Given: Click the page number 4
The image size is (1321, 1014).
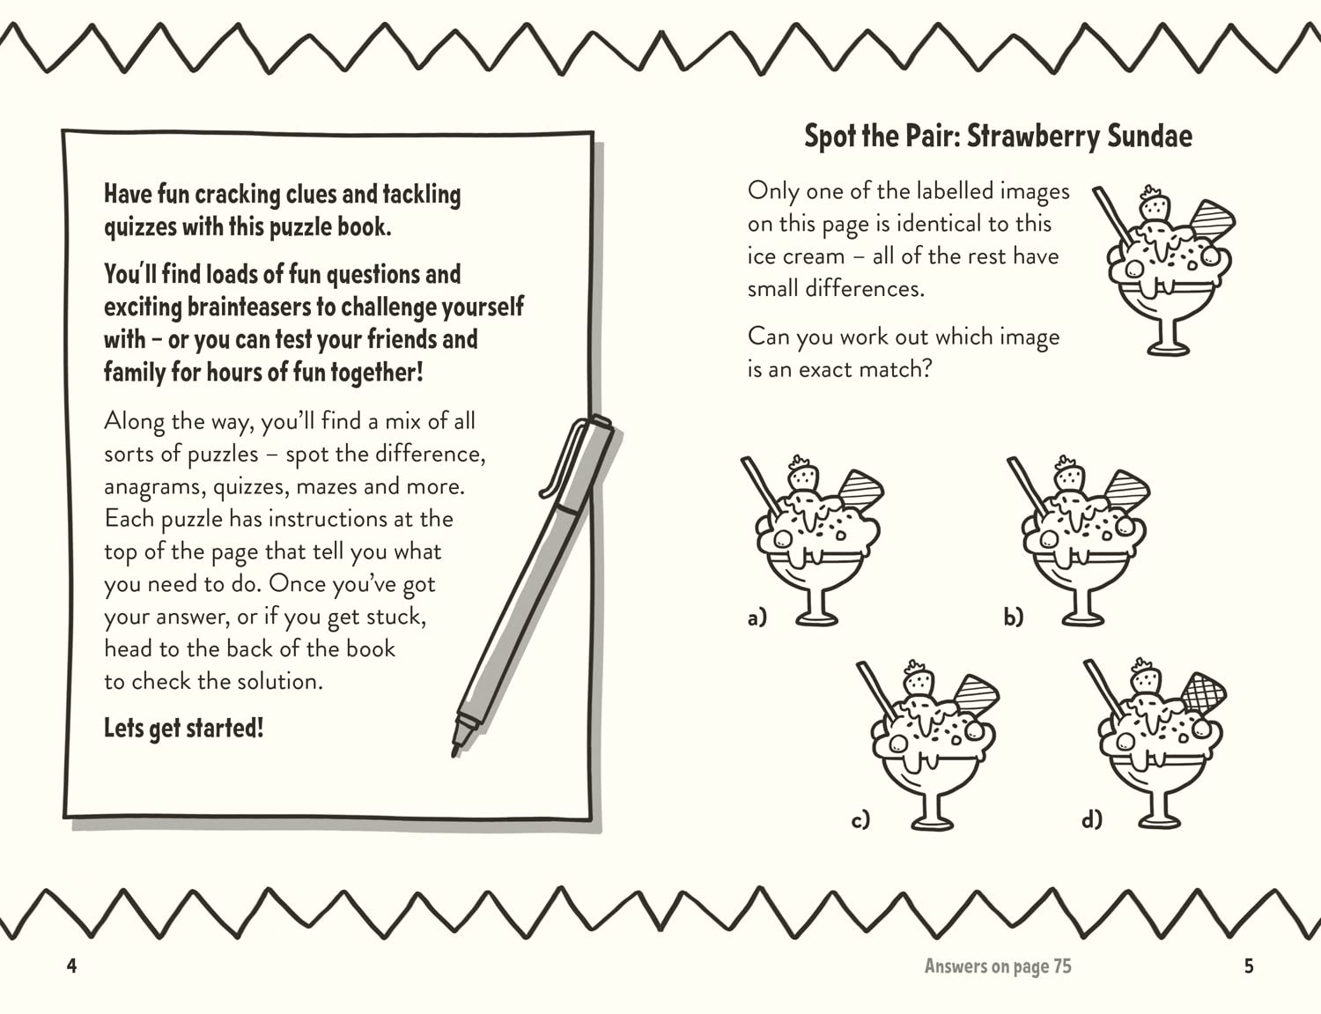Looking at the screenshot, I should click(71, 966).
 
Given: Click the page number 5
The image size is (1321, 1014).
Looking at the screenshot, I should click(1249, 966).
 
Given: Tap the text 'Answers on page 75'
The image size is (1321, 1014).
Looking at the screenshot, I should click(998, 966).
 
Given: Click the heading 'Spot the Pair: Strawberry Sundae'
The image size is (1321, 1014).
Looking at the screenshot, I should click(998, 137).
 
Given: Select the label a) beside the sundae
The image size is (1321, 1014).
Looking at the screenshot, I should click(756, 618).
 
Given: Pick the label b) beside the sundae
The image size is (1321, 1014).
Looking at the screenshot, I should click(1013, 618).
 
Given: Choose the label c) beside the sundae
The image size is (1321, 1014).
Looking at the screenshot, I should click(860, 820).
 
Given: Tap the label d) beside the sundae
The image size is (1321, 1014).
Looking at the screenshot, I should click(1091, 820).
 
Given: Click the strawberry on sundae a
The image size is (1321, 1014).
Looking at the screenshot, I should click(802, 476).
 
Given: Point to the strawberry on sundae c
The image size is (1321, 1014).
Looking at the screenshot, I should click(919, 678).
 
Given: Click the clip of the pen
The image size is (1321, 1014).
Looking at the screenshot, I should click(561, 458).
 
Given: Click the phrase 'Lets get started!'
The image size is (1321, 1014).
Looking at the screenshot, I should click(183, 729).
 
